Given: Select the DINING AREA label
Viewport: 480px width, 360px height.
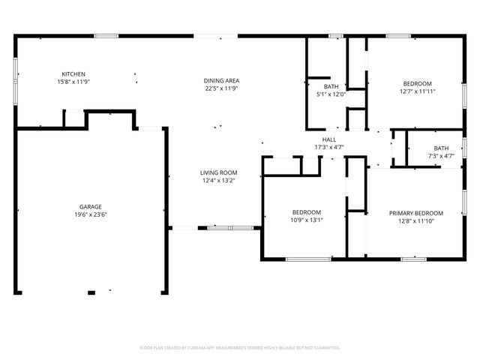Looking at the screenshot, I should click(x=221, y=80).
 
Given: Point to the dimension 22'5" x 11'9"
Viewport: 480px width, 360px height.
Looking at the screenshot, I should click(x=221, y=88).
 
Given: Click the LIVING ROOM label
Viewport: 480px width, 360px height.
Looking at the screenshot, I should click(x=218, y=172).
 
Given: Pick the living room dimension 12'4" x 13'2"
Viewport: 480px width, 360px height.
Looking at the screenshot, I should click(x=218, y=181).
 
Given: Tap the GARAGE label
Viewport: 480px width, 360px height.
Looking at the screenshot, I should click(x=91, y=206).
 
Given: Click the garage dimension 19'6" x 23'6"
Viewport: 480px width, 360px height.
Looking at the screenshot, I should click(x=91, y=214).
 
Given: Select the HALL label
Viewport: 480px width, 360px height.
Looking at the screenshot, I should click(x=329, y=139).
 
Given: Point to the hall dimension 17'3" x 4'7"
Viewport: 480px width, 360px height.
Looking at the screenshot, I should click(x=329, y=148).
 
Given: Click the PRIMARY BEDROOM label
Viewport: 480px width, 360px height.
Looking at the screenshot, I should click(x=415, y=213).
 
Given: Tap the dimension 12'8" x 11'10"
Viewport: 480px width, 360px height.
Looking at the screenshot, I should click(x=415, y=221).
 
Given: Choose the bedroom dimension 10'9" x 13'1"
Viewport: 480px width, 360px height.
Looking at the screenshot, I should click(x=306, y=221).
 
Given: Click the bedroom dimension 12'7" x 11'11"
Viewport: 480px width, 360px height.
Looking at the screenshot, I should click(x=417, y=91).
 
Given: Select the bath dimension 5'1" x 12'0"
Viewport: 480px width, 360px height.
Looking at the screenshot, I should click(x=331, y=94).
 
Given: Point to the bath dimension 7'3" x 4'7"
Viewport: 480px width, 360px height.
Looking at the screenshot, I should click(x=440, y=156).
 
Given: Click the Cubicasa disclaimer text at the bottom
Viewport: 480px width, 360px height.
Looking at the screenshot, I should click(x=240, y=348).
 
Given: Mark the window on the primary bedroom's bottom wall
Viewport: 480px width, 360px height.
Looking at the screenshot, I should click(x=413, y=259).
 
